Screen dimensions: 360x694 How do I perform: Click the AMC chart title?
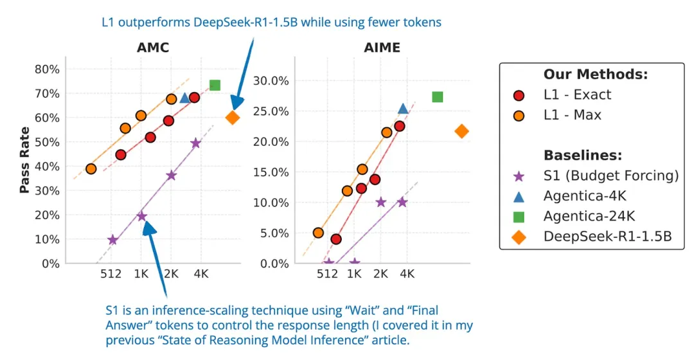click(152, 48)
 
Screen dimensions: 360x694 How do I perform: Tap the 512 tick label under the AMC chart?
click(111, 274)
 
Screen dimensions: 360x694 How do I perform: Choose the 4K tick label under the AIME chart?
click(407, 274)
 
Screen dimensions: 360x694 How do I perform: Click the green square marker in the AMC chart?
click(215, 85)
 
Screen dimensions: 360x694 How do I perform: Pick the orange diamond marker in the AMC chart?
click(233, 118)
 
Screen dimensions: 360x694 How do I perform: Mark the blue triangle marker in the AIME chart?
click(403, 109)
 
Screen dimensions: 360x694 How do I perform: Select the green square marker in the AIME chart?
click(438, 97)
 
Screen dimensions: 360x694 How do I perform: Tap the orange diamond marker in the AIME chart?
click(461, 132)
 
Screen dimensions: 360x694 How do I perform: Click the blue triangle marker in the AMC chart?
click(185, 98)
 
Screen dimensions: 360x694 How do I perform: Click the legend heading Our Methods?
click(594, 74)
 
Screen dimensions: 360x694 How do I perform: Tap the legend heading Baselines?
click(582, 156)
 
